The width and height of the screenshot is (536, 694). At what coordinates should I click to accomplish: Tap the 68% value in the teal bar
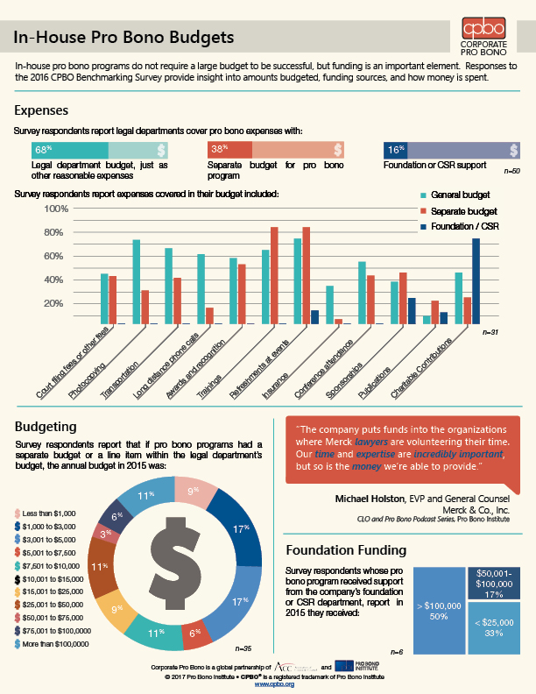(43, 150)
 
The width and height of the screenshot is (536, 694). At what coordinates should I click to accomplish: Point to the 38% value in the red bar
(219, 150)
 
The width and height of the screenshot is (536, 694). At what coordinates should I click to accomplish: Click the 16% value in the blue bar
(395, 150)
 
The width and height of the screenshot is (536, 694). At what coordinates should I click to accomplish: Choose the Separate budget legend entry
(462, 211)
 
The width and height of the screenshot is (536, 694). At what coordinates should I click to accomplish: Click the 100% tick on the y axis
(56, 209)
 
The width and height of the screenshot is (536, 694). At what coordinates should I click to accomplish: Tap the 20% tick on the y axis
(56, 303)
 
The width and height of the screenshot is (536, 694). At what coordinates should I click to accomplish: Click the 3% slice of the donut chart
(105, 533)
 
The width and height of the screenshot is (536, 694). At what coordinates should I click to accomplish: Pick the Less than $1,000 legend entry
(51, 512)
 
